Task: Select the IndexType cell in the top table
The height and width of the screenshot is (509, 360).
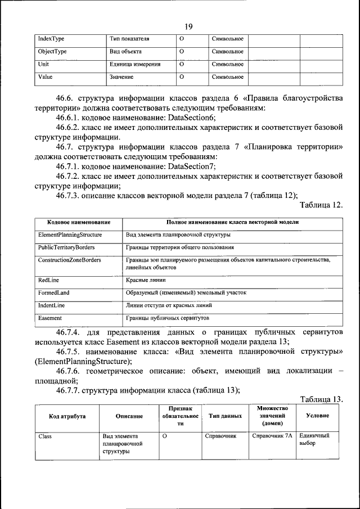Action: [51, 39]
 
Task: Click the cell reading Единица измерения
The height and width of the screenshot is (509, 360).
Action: [135, 64]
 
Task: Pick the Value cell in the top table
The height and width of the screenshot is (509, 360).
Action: [46, 77]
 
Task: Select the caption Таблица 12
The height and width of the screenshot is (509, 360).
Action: [321, 205]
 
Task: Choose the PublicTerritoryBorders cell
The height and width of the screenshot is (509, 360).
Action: [66, 247]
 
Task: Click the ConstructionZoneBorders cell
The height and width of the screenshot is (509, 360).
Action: [70, 260]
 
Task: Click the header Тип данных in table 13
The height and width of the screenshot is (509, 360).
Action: [225, 416]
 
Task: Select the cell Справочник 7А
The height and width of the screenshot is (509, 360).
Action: [272, 436]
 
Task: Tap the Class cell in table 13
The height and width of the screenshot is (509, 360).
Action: [45, 436]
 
